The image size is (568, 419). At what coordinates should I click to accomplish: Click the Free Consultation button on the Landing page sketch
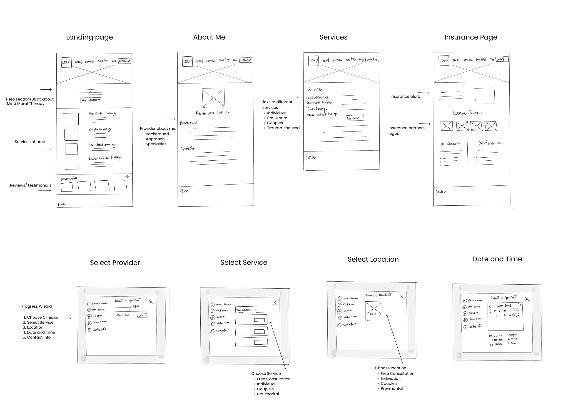(x=91, y=100)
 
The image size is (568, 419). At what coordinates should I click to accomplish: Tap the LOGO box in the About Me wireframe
(x=187, y=61)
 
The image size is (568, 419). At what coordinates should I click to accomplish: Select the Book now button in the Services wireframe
(x=355, y=118)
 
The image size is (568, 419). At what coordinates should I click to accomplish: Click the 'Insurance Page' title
(x=471, y=37)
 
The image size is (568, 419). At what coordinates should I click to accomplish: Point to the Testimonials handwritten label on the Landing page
(x=69, y=179)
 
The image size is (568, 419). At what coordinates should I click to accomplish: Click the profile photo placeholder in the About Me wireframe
(x=213, y=97)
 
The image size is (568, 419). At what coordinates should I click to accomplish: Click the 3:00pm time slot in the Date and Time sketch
(x=512, y=343)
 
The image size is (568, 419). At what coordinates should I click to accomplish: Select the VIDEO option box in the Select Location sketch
(x=374, y=311)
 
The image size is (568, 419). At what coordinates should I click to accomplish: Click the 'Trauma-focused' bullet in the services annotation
(x=283, y=128)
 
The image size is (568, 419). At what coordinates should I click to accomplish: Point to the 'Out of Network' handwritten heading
(x=489, y=143)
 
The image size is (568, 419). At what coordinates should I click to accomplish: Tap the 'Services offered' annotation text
(x=30, y=142)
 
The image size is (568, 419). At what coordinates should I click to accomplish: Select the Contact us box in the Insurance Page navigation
(x=502, y=59)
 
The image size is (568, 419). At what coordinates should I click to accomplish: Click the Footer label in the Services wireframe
(x=311, y=157)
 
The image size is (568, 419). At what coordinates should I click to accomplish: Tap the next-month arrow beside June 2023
(x=520, y=305)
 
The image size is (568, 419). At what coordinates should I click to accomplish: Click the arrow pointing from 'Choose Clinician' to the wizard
(x=68, y=318)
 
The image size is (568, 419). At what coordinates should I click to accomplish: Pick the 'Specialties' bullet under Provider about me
(x=156, y=144)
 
